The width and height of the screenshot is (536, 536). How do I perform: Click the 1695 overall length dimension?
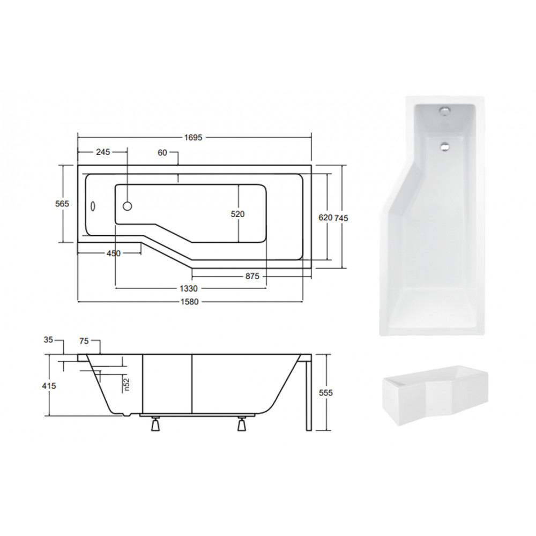(193, 137)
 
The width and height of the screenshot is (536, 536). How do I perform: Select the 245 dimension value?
(103, 152)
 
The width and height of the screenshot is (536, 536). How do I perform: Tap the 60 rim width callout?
(162, 153)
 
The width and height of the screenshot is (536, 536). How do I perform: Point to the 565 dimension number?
(62, 204)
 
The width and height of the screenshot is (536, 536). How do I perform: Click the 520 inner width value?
(237, 214)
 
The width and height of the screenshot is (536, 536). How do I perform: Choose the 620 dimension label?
(325, 218)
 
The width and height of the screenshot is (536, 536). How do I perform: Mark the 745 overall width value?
(341, 218)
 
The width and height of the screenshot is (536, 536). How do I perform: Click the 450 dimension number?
(114, 254)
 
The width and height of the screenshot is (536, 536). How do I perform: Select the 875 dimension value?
(252, 276)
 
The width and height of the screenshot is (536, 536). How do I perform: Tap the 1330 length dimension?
(188, 289)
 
